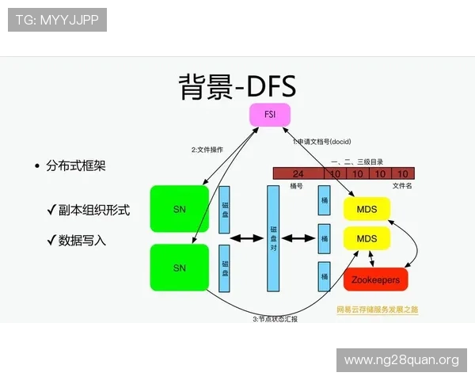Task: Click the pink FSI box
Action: (269, 115)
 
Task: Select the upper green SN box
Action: (180, 209)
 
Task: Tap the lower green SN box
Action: (180, 268)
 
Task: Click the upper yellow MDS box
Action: (367, 209)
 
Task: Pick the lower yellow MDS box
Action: (367, 237)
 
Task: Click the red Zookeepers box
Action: (375, 279)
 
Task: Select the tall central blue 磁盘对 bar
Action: (273, 237)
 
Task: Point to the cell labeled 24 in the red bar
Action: (298, 173)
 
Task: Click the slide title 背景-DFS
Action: (235, 85)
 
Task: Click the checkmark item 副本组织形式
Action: (93, 211)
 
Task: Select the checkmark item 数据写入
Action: (82, 239)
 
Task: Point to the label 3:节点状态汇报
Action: (275, 318)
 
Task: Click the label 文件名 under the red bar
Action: (402, 185)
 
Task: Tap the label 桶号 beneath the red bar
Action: (297, 185)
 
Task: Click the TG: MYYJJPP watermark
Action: (57, 19)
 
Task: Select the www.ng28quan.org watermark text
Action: (401, 360)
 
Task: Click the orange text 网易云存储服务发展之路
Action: (377, 309)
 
